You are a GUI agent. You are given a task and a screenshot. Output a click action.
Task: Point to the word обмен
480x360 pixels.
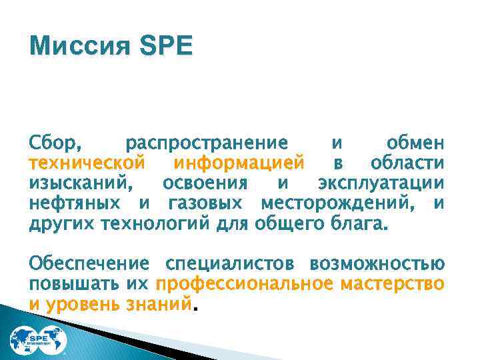[x=414, y=143]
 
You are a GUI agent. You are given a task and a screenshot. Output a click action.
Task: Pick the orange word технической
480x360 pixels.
[x=87, y=163]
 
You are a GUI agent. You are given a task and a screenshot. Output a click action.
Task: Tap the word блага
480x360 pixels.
[x=358, y=222]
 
